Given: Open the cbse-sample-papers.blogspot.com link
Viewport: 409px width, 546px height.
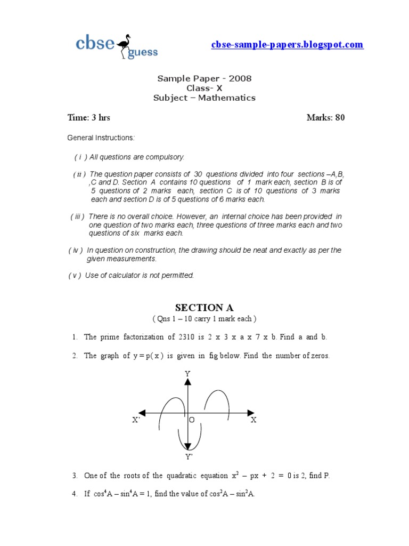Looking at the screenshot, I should coord(287,45).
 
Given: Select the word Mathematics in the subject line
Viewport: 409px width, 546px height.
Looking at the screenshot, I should coord(227,98).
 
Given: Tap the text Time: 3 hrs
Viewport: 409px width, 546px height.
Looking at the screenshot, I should coord(88,117).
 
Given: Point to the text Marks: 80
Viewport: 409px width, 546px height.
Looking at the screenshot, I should coord(325,117).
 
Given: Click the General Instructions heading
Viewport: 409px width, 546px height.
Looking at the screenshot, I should coord(101,138).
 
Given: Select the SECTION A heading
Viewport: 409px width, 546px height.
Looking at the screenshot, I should coord(204,308).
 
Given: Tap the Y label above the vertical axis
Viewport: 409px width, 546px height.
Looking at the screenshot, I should coord(187,374).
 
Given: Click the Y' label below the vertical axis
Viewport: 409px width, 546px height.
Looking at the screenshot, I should coord(189,457).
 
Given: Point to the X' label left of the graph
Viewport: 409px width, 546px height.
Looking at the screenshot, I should coord(136,420).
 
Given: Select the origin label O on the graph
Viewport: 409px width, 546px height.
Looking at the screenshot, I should coord(192,420).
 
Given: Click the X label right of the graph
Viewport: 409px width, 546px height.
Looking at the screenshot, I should coord(253,420).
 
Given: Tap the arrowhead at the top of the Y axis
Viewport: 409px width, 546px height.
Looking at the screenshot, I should coord(187,381).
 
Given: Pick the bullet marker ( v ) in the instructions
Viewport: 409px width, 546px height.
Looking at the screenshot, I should coord(75,276).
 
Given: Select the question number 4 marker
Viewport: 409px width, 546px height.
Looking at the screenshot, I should coord(75,494).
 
